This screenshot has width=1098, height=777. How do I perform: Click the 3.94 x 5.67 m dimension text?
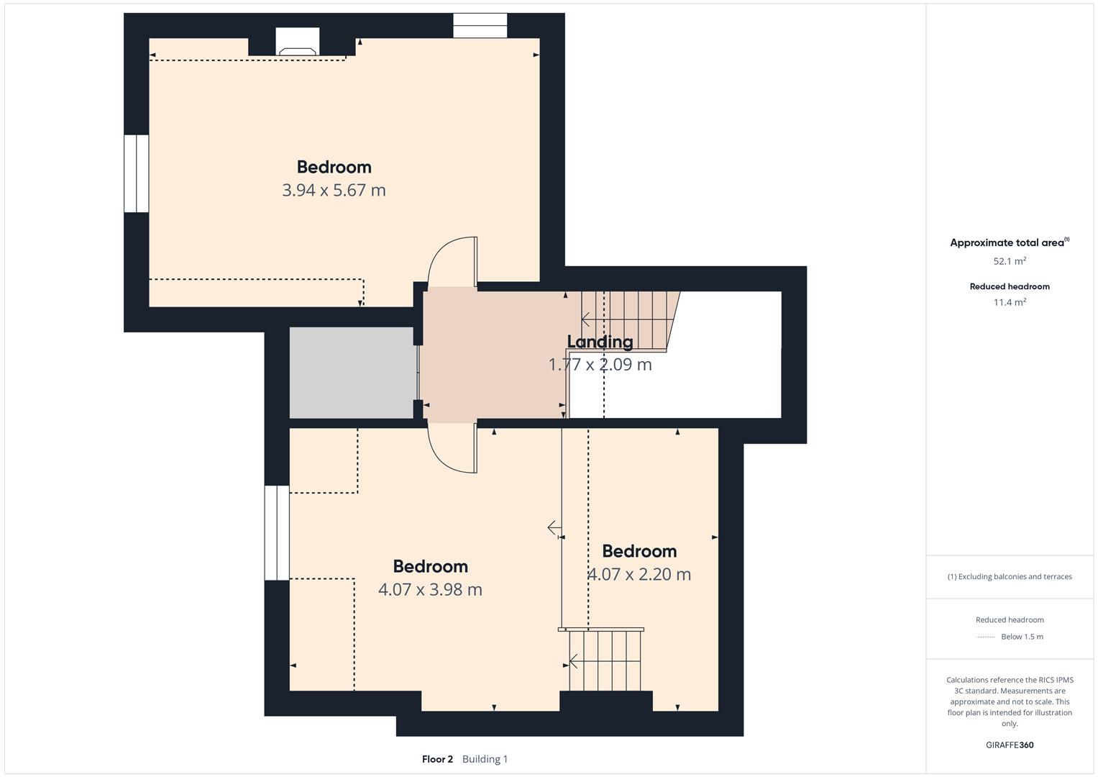[x=334, y=190]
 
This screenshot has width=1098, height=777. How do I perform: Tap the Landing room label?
[x=600, y=342]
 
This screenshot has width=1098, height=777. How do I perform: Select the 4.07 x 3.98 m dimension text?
[x=430, y=589]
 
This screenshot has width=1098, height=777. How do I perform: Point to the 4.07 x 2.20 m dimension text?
[x=639, y=574]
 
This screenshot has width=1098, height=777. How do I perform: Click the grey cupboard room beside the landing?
[x=352, y=373]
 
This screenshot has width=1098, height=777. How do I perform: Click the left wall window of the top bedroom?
[x=137, y=173]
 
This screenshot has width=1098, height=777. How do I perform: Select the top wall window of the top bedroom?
[x=480, y=25]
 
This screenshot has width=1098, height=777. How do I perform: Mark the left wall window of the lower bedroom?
[x=277, y=533]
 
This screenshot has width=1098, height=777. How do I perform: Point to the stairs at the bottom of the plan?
[x=605, y=660]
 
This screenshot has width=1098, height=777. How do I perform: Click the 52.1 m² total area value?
[x=1010, y=261]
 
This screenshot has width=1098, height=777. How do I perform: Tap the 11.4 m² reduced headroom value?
[x=1010, y=302]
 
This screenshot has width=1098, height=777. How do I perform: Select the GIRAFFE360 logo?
[x=1010, y=745]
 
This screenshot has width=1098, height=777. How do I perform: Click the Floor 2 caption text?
[x=437, y=759]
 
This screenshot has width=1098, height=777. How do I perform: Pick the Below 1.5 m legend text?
[x=1022, y=637]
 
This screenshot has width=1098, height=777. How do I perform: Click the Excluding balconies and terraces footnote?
[x=1010, y=576]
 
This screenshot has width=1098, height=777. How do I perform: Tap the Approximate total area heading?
[x=1010, y=242]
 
